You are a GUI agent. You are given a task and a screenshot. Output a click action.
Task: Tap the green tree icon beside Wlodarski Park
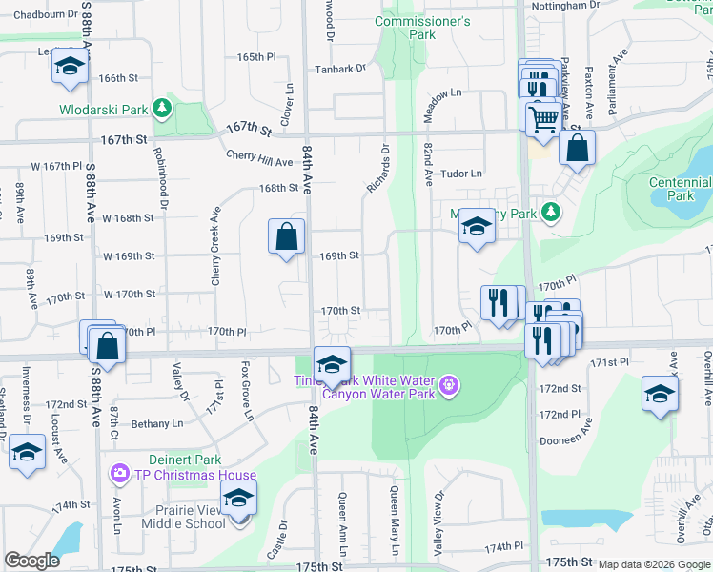(x=163, y=109)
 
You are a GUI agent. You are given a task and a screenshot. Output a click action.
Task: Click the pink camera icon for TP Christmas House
(x=119, y=473)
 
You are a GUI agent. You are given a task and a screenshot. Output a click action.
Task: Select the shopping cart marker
(x=543, y=117)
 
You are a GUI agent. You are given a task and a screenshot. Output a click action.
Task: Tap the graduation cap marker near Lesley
(x=69, y=66)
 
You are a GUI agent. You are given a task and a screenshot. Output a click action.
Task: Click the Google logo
(x=31, y=561)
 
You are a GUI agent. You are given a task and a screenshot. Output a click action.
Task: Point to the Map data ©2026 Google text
(x=654, y=564)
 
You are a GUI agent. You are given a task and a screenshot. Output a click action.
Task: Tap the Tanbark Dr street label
(x=342, y=68)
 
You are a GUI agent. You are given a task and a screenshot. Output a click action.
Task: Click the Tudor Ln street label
(x=461, y=174)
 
